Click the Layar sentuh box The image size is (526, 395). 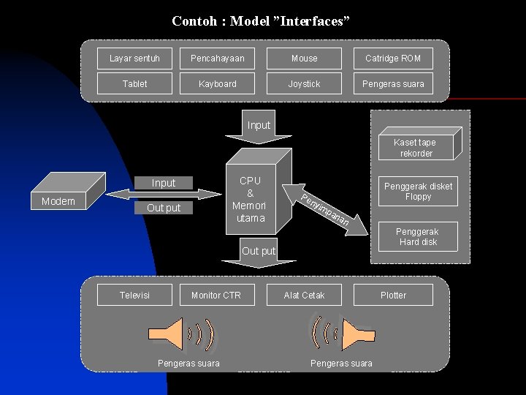pos(134,59)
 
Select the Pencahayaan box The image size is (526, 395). pos(217,59)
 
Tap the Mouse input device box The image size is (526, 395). pos(304,59)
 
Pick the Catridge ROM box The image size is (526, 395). pos(393,59)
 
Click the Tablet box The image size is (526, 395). pos(134,83)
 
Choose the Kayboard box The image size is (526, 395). pos(217,83)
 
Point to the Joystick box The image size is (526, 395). pos(304,83)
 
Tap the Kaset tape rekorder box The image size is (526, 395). pos(416,147)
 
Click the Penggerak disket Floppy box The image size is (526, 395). pos(418,192)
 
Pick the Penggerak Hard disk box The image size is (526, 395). pos(418,236)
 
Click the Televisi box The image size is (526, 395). pos(134,295)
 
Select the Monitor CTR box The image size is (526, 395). pos(216,295)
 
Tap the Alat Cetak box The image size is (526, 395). pos(304,295)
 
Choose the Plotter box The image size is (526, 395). pos(393,295)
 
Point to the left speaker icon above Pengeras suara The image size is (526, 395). pos(181,334)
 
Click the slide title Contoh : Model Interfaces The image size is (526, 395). pos(261,21)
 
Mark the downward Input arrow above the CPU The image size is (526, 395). pos(259,129)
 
